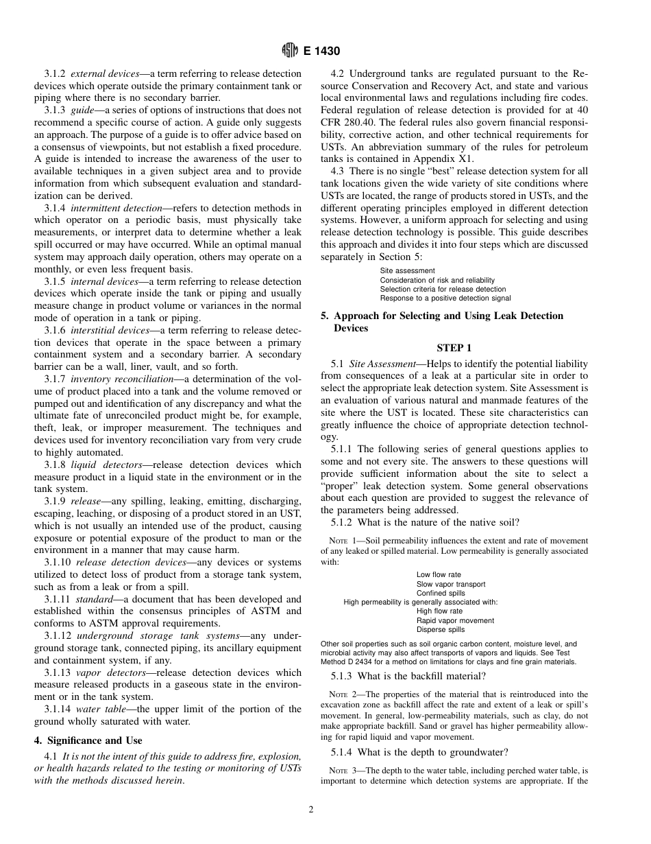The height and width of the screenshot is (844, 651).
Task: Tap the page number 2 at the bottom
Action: click(x=310, y=810)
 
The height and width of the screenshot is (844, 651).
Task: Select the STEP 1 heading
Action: click(x=454, y=348)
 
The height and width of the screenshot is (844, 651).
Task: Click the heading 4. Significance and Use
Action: click(x=88, y=740)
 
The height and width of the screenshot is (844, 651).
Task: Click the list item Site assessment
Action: click(x=408, y=271)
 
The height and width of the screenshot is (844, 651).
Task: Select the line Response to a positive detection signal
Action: click(x=445, y=298)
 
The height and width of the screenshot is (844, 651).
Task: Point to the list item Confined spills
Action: click(x=441, y=593)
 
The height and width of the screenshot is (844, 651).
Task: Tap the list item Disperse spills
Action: click(x=441, y=629)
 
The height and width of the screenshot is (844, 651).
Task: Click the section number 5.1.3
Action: click(x=343, y=676)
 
